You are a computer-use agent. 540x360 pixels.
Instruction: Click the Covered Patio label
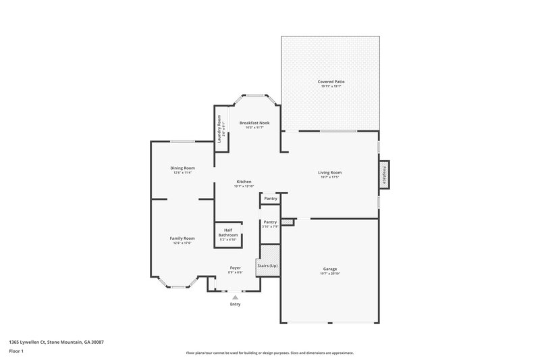(x=330, y=82)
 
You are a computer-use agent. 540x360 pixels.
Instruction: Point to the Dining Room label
(x=182, y=168)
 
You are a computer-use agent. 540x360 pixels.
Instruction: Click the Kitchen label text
(x=244, y=182)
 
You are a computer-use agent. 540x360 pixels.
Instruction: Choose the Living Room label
(x=330, y=172)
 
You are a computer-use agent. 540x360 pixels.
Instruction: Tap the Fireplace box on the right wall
(x=385, y=175)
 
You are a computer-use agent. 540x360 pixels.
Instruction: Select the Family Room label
(x=182, y=238)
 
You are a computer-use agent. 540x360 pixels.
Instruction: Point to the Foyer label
(x=235, y=267)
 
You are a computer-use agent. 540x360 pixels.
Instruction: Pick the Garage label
(x=330, y=268)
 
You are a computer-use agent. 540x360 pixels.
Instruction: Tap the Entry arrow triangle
(x=235, y=296)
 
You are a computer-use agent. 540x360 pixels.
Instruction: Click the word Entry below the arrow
(x=235, y=304)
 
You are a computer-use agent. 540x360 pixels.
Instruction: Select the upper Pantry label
(x=270, y=199)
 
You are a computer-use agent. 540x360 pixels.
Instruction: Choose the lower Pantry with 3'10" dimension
(x=270, y=224)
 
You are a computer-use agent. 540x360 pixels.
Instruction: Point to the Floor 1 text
(x=17, y=351)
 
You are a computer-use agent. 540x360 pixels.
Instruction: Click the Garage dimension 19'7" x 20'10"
(x=330, y=273)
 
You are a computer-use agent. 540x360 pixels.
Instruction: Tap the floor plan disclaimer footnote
(x=269, y=353)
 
